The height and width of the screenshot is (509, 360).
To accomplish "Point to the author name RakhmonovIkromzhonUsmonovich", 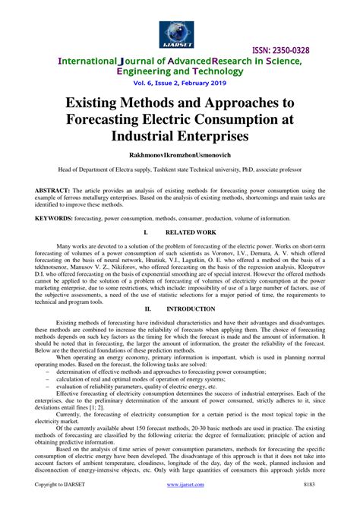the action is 179,157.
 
